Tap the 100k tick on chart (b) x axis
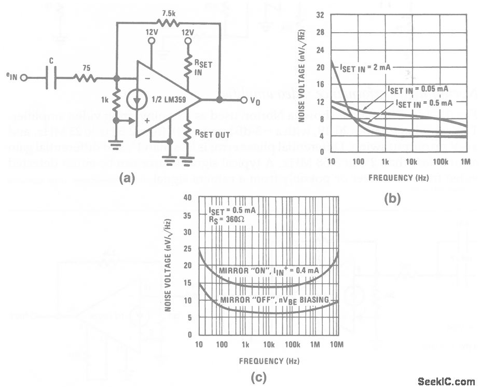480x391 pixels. pyautogui.click(x=441, y=162)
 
